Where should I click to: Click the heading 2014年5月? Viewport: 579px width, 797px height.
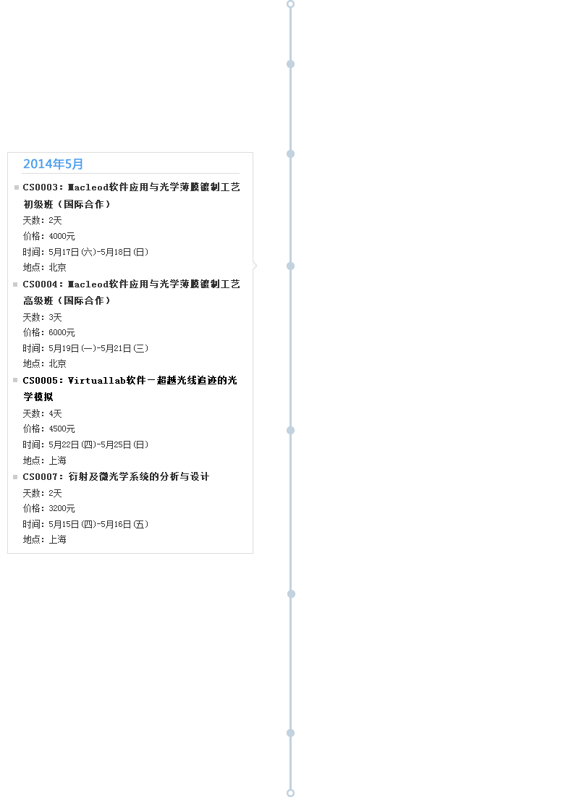(53, 164)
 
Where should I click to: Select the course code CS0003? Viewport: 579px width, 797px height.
(40, 187)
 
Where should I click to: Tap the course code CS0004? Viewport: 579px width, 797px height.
(40, 284)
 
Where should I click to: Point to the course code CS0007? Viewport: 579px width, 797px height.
(40, 477)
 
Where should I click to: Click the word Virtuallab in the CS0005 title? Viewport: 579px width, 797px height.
(96, 380)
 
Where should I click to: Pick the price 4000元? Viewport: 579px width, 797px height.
(62, 237)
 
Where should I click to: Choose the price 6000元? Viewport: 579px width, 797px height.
(62, 332)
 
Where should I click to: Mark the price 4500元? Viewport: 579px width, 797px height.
(62, 429)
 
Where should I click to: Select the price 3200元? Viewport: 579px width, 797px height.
(62, 508)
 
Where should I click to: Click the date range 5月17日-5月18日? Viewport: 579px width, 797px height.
(98, 252)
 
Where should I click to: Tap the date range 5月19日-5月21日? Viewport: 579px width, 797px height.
(98, 348)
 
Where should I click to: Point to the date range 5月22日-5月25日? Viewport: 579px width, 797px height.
(98, 444)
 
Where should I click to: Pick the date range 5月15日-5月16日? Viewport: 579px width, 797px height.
(98, 524)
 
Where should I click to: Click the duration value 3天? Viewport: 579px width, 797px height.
(56, 317)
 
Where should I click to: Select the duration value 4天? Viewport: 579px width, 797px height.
(56, 414)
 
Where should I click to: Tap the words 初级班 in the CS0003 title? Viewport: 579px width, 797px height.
(38, 204)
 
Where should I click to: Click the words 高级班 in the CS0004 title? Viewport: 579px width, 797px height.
(38, 301)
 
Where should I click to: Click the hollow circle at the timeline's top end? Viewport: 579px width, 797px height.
(291, 4)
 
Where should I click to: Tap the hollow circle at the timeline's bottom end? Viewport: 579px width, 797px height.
(291, 793)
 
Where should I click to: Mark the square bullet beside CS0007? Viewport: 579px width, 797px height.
(15, 477)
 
